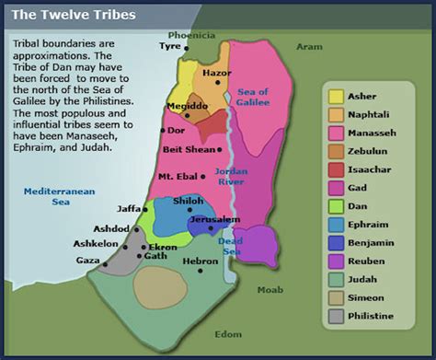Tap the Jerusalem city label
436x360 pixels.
click(x=214, y=220)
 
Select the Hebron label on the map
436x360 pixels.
click(x=200, y=261)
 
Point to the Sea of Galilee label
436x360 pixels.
click(x=255, y=97)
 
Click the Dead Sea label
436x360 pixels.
click(x=230, y=246)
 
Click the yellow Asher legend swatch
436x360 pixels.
click(x=336, y=96)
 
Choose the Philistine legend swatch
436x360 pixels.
click(x=336, y=317)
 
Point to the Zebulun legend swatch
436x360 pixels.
click(x=336, y=151)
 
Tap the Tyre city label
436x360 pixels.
click(x=170, y=45)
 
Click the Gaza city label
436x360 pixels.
click(x=86, y=261)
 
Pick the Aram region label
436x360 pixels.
click(x=308, y=45)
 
